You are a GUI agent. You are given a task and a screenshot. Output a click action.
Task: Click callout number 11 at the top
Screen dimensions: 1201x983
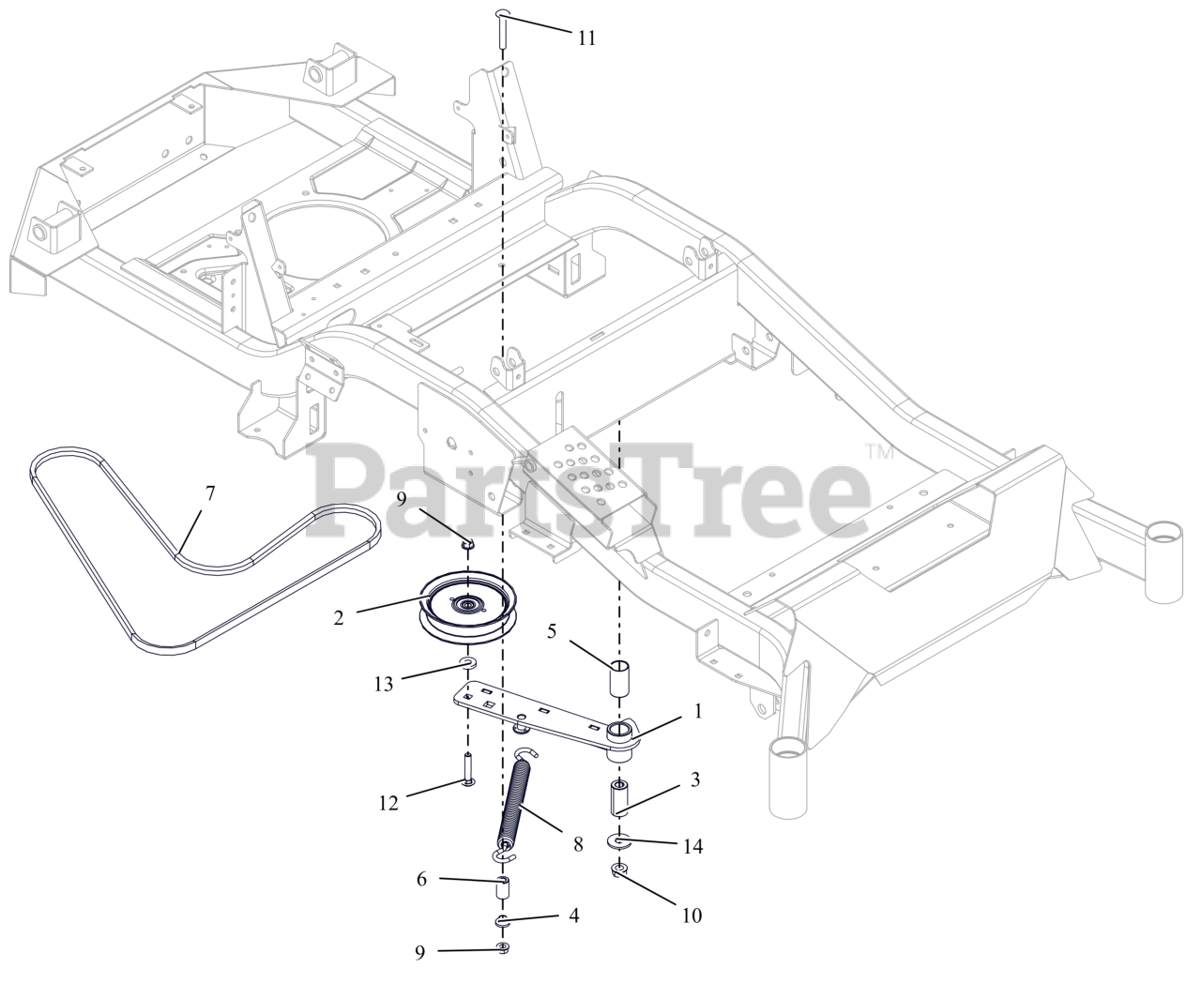coord(586,38)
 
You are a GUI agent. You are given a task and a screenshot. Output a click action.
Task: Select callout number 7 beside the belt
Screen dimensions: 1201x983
coord(209,492)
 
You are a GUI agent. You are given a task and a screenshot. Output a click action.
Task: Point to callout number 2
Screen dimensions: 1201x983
coord(339,617)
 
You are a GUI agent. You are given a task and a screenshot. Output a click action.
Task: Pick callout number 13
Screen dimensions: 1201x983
coord(384,684)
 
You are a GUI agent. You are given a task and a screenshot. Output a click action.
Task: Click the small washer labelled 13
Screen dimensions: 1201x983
coord(467,665)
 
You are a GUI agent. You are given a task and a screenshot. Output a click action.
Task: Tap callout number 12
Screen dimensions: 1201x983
coord(388,803)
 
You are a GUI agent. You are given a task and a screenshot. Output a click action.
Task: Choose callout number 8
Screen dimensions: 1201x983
coord(578,844)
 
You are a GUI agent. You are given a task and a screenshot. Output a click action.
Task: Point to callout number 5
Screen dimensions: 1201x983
coord(553,630)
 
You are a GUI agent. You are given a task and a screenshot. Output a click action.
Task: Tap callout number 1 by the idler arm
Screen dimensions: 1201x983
coord(697,712)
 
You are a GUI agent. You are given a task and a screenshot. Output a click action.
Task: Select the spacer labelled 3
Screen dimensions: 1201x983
coord(619,796)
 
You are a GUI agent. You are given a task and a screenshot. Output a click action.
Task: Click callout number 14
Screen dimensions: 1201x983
coord(692,846)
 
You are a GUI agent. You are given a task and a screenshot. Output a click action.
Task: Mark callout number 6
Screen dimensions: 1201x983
coord(421,879)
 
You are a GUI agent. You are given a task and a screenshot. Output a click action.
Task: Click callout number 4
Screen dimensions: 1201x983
coord(573,915)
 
